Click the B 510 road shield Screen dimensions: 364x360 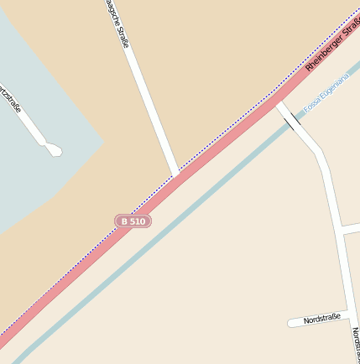(x=133, y=221)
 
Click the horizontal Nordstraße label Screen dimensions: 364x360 (x=322, y=319)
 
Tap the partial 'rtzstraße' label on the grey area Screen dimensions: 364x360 (x=10, y=100)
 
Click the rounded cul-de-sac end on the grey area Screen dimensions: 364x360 (x=55, y=151)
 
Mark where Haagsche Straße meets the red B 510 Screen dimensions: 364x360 (x=175, y=174)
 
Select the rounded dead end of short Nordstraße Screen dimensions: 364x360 (x=291, y=323)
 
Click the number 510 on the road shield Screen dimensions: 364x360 (x=138, y=221)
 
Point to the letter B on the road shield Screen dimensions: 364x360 (x=124, y=221)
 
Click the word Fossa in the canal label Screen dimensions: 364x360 (x=312, y=107)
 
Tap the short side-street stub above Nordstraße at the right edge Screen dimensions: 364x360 (x=351, y=227)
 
